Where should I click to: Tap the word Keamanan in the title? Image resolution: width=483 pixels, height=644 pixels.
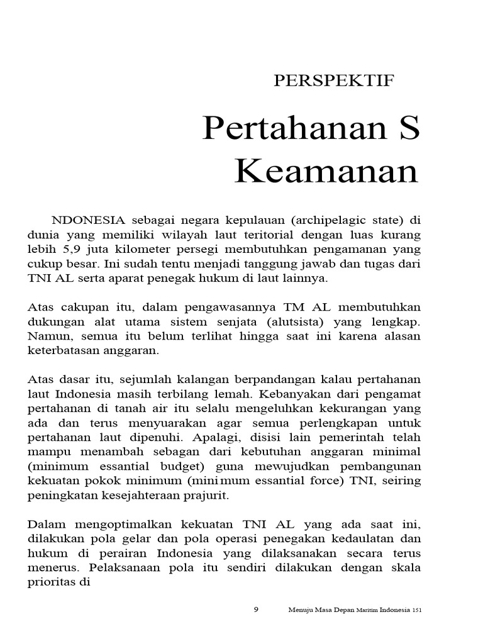click(x=326, y=171)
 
